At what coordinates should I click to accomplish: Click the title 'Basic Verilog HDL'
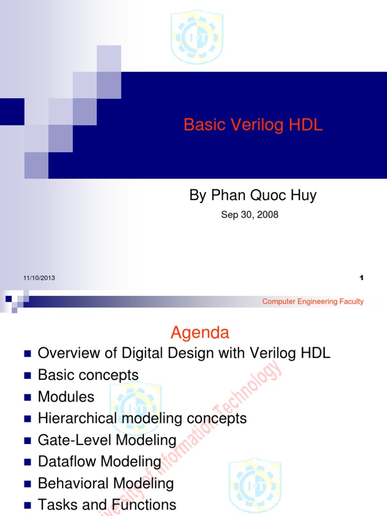[253, 125]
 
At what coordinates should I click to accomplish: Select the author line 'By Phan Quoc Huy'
[253, 196]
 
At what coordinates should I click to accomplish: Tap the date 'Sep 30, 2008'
[250, 215]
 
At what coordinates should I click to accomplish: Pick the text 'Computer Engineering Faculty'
[313, 301]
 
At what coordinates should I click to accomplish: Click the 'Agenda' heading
[200, 333]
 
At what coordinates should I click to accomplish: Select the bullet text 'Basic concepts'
[88, 375]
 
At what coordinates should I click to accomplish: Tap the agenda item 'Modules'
[66, 397]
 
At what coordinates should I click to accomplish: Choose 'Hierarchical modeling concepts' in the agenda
[143, 418]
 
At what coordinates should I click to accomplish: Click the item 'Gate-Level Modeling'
[107, 440]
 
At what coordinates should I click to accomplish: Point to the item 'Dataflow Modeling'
[100, 462]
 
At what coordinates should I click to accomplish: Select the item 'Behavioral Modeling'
[106, 484]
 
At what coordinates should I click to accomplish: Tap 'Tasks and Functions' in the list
[107, 505]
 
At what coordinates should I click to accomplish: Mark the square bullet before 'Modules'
[27, 398]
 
